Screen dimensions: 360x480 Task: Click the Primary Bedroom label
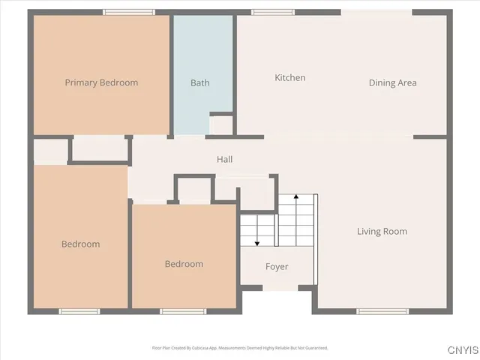pyautogui.click(x=101, y=82)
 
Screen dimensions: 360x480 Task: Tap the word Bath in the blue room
pyautogui.click(x=200, y=82)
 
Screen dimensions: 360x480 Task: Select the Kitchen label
pyautogui.click(x=290, y=78)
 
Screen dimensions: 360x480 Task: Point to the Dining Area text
pyautogui.click(x=392, y=82)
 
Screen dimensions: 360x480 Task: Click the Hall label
pyautogui.click(x=224, y=160)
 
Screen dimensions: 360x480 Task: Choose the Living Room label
pyautogui.click(x=382, y=231)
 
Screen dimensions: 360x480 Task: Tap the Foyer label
pyautogui.click(x=277, y=267)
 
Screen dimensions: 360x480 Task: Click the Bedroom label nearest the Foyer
pyautogui.click(x=184, y=264)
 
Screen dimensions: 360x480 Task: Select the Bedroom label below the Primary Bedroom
pyautogui.click(x=80, y=244)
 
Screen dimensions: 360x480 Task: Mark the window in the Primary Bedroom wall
pyautogui.click(x=129, y=12)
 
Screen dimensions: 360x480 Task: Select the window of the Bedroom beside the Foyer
pyautogui.click(x=183, y=311)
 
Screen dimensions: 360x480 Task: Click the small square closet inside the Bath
pyautogui.click(x=220, y=124)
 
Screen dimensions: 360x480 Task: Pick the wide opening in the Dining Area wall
pyautogui.click(x=376, y=12)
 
